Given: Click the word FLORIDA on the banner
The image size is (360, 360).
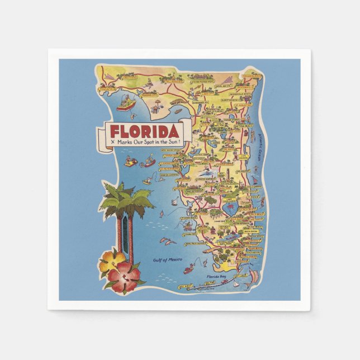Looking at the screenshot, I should click(144, 132).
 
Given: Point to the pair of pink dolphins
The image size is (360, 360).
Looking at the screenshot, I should click(167, 241).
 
